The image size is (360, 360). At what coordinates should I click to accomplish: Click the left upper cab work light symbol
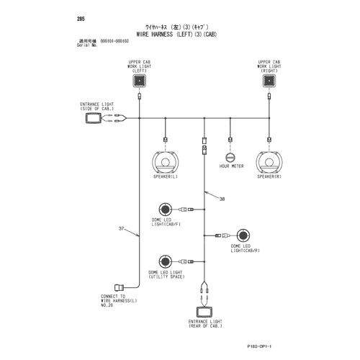pyautogui.click(x=140, y=81)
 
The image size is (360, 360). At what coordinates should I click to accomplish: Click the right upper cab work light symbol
pyautogui.click(x=269, y=81)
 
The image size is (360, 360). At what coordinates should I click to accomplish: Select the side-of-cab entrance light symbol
pyautogui.click(x=93, y=118)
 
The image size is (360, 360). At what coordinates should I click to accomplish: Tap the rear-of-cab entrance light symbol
pyautogui.click(x=204, y=312)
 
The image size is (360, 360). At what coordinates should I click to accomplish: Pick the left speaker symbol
pyautogui.click(x=166, y=162)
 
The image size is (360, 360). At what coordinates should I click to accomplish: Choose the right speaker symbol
pyautogui.click(x=269, y=162)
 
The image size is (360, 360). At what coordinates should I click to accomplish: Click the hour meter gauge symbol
pyautogui.click(x=230, y=158)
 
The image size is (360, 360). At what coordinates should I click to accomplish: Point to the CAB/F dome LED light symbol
pyautogui.click(x=166, y=210)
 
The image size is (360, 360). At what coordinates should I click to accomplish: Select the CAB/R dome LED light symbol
pyautogui.click(x=243, y=235)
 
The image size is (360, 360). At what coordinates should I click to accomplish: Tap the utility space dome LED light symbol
pyautogui.click(x=166, y=261)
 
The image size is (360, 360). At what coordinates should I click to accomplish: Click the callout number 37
pyautogui.click(x=122, y=228)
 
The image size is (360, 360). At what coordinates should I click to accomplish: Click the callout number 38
pyautogui.click(x=222, y=199)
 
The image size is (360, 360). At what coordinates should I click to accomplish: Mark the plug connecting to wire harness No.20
pyautogui.click(x=119, y=287)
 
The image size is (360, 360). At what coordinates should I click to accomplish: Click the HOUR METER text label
pyautogui.click(x=231, y=166)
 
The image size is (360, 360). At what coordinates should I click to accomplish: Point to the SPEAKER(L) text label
pyautogui.click(x=166, y=176)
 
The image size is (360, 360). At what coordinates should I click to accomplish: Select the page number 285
pyautogui.click(x=81, y=19)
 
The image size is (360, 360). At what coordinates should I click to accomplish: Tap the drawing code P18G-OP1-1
pyautogui.click(x=259, y=346)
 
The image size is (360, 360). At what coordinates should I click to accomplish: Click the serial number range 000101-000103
pyautogui.click(x=114, y=41)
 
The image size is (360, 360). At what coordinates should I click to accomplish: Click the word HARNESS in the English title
pyautogui.click(x=162, y=35)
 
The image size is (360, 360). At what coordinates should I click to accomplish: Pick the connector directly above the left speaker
pyautogui.click(x=166, y=140)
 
